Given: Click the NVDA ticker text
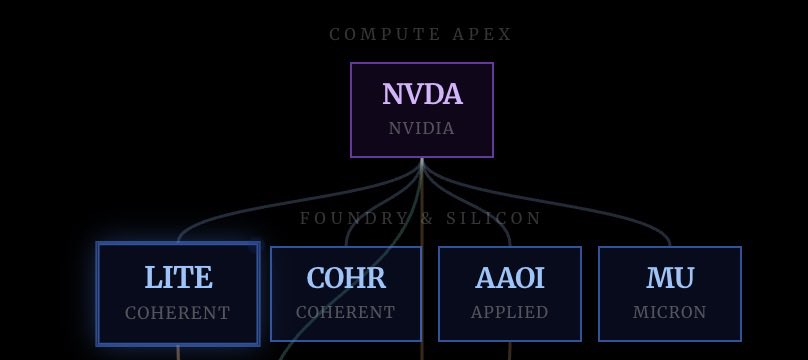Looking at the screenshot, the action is click(x=422, y=94).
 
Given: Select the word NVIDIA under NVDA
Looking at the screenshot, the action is click(x=422, y=128).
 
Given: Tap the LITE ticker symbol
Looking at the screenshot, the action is click(x=178, y=277).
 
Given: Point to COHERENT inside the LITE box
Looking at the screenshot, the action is click(x=177, y=313).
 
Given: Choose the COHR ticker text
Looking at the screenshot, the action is click(x=346, y=278).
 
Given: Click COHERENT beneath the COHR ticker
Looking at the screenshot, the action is click(x=345, y=312).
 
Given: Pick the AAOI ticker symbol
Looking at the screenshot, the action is click(x=510, y=278).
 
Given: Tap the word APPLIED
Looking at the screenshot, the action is click(x=509, y=312).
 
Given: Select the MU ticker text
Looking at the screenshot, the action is click(x=670, y=278).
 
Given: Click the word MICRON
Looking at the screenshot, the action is click(x=669, y=312).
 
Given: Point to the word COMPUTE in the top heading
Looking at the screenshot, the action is click(x=385, y=35).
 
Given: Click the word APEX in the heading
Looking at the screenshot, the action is click(x=482, y=35).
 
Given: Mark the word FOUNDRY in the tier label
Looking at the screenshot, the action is click(x=354, y=218).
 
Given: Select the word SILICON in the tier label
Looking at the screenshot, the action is click(x=494, y=218).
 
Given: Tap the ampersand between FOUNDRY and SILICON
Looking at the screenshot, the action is click(x=427, y=218).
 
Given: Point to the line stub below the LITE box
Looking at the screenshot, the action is click(x=178, y=353).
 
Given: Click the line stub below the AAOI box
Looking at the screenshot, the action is click(x=510, y=351).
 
